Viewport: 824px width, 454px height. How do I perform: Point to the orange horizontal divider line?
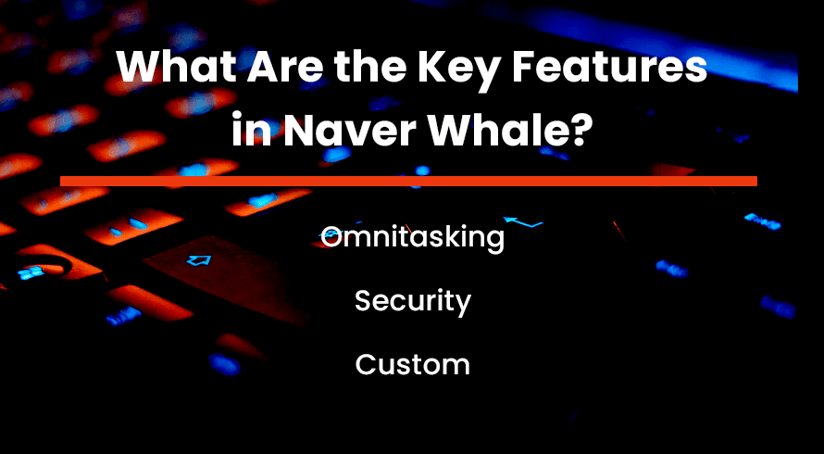coord(409,181)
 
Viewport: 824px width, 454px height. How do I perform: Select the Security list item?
coord(413,302)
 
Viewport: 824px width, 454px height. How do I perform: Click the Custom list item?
coord(413,364)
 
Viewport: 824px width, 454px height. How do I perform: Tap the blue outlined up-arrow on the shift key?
coord(199,259)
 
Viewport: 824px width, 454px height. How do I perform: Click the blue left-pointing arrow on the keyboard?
coord(522,222)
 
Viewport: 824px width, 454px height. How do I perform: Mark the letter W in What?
coord(139,68)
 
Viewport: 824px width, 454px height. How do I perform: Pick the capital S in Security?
coord(364,301)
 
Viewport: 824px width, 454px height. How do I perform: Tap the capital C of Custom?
coord(366,364)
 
